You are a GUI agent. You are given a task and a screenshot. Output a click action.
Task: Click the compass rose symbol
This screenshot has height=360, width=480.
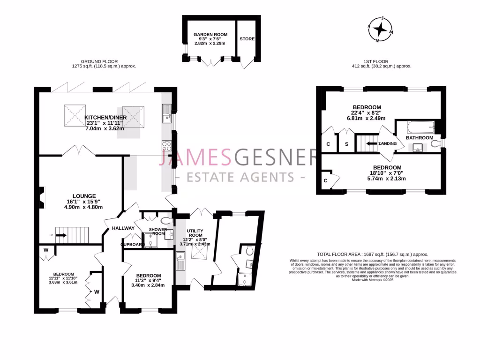pos(383,30)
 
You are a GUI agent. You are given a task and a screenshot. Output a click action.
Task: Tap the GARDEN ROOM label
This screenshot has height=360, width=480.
pos(210,35)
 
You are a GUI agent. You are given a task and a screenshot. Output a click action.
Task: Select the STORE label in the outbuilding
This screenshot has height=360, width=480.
pos(247,39)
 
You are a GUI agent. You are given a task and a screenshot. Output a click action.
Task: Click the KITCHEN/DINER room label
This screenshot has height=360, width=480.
pos(104,117)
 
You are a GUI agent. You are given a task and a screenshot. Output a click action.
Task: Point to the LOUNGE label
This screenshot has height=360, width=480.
pos(84,196)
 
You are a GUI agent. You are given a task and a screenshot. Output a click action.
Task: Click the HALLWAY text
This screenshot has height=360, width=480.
pos(123,228)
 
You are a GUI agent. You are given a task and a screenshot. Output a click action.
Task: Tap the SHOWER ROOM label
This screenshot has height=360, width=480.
pos(157,232)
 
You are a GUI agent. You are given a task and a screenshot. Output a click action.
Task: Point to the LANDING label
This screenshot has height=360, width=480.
pos(388,143)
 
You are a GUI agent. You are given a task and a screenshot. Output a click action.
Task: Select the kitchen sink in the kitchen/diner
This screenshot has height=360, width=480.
pos(167,113)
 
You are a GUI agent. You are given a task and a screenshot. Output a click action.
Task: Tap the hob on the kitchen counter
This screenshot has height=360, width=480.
pos(167,146)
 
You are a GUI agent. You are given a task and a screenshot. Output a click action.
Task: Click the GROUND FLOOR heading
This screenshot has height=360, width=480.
pos(99,61)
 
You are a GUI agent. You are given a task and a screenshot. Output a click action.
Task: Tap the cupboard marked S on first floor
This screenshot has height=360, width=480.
pos(346,144)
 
